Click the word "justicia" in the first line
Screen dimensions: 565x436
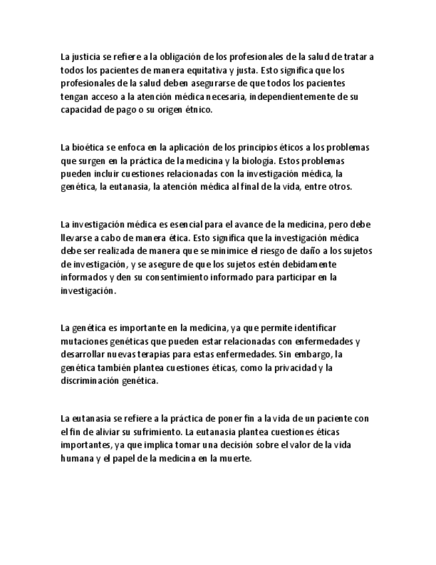coord(86,57)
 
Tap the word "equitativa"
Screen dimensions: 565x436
coord(204,70)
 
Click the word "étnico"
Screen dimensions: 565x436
coord(197,110)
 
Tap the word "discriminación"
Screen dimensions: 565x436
coord(95,381)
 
